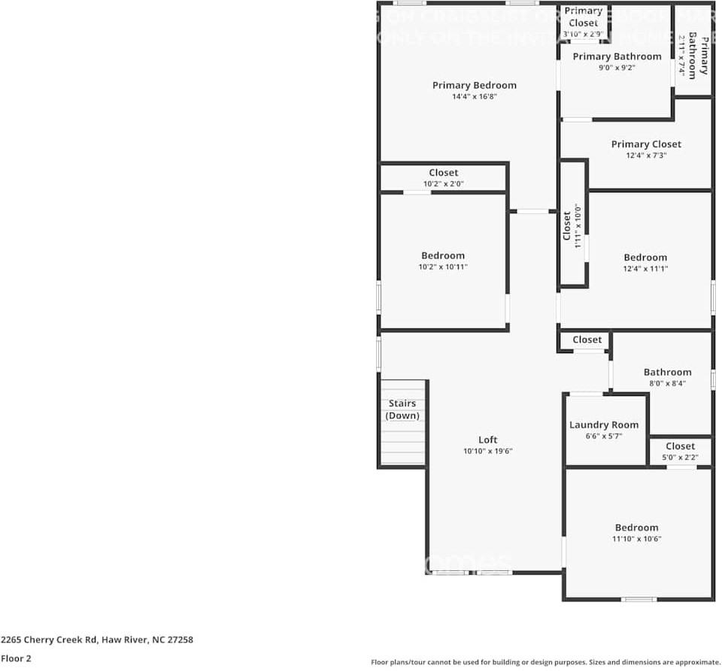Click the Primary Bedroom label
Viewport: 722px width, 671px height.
474,85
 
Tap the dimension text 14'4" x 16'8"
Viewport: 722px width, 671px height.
474,96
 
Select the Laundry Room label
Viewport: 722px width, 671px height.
603,425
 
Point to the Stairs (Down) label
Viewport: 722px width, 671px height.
402,410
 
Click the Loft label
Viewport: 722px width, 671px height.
487,440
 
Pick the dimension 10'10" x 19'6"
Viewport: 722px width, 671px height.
487,451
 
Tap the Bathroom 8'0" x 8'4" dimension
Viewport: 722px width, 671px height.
667,383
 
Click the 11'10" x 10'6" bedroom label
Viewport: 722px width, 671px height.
636,527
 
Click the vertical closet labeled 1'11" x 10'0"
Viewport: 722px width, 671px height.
572,225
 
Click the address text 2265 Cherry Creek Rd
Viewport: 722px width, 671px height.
97,640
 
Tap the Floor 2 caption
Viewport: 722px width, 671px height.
16,658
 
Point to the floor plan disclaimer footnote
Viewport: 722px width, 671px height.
545,662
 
